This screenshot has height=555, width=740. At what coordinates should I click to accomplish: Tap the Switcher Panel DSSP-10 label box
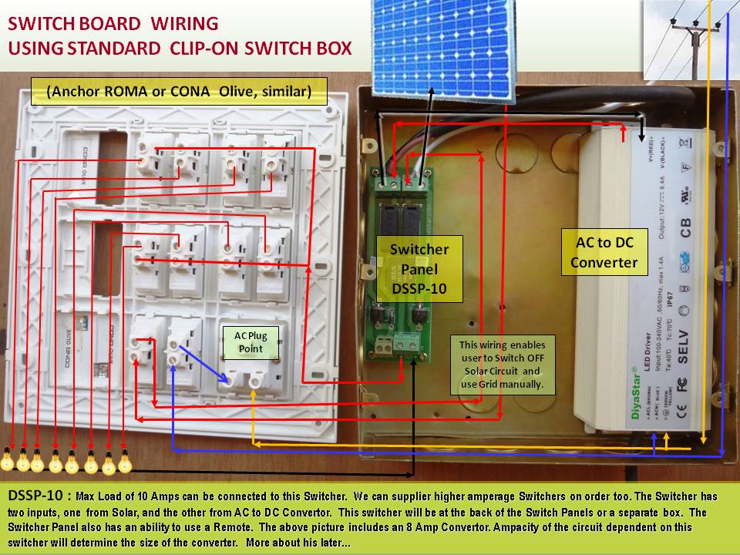pyautogui.click(x=419, y=269)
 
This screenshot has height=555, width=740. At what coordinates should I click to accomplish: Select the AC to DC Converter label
pyautogui.click(x=604, y=252)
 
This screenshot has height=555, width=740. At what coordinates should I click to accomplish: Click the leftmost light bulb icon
pyautogui.click(x=8, y=460)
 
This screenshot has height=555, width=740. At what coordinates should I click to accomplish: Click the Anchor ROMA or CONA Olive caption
pyautogui.click(x=178, y=92)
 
